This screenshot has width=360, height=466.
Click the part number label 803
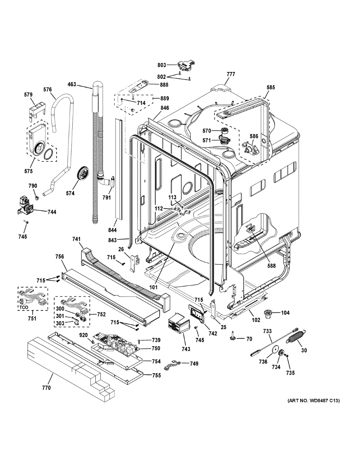(x=162, y=65)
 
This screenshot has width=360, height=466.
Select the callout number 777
(x=231, y=74)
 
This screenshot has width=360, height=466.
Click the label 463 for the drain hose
(x=72, y=84)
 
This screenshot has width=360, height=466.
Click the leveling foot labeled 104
(x=268, y=313)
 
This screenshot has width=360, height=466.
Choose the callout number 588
(x=271, y=266)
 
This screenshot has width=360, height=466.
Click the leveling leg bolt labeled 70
(x=232, y=336)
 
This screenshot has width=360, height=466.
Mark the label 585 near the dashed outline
(x=270, y=88)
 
